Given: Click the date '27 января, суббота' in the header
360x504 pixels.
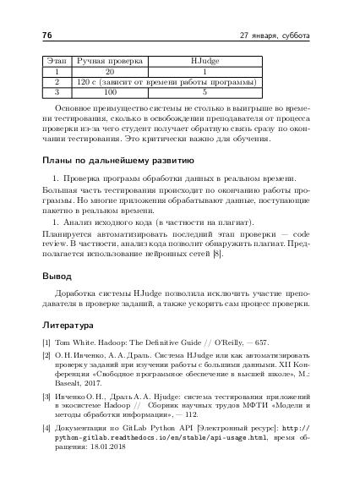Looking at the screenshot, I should (275, 36).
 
